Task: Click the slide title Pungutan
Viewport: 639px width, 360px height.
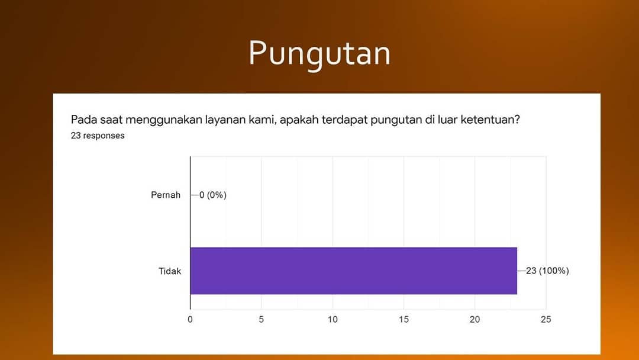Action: [319, 54]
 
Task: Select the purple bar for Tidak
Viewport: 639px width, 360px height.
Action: [353, 271]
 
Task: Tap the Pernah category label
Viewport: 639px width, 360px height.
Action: [166, 195]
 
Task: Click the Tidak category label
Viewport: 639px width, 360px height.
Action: [170, 271]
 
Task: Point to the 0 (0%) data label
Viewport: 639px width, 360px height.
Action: [213, 195]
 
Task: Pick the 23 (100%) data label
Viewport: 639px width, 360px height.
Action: [547, 271]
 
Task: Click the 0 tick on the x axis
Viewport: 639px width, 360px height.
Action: [190, 319]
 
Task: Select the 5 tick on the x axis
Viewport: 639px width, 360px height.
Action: [262, 319]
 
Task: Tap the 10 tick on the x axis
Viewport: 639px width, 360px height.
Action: [333, 319]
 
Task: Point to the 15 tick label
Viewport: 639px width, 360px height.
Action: [404, 319]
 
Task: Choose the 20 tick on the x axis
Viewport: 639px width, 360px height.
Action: [475, 319]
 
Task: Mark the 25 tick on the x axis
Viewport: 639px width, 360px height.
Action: [546, 319]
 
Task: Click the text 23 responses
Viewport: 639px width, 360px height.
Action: [98, 136]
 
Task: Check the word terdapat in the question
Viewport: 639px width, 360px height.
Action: [345, 120]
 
